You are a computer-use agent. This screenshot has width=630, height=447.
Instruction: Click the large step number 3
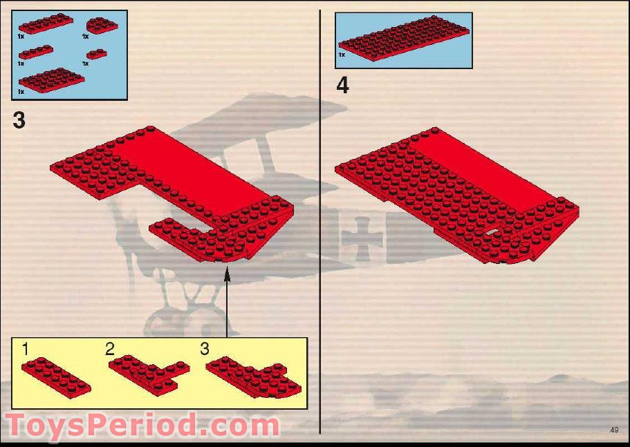(x=19, y=120)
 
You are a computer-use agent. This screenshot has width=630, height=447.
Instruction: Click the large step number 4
(x=342, y=86)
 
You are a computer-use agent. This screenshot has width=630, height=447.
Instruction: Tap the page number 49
(x=614, y=430)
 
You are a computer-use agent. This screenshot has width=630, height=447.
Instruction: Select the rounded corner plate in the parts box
(x=101, y=26)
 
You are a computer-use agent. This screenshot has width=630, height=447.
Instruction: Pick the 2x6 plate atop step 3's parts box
(x=46, y=23)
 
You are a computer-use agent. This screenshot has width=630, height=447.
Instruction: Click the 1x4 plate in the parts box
(x=35, y=53)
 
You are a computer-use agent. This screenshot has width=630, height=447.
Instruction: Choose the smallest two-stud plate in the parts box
(x=98, y=54)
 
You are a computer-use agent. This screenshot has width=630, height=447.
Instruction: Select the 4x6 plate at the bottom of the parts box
(x=51, y=79)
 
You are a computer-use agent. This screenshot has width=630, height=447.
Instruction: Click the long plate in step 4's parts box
(x=405, y=39)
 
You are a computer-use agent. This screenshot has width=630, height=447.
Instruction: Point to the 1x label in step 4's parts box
(x=342, y=54)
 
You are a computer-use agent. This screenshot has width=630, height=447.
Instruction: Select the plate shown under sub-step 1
(x=55, y=375)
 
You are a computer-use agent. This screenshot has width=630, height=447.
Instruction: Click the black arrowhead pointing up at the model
(x=226, y=274)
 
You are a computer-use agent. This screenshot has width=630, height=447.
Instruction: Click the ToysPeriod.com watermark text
(x=142, y=425)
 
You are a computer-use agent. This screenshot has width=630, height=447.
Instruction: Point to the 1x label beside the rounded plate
(x=85, y=36)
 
